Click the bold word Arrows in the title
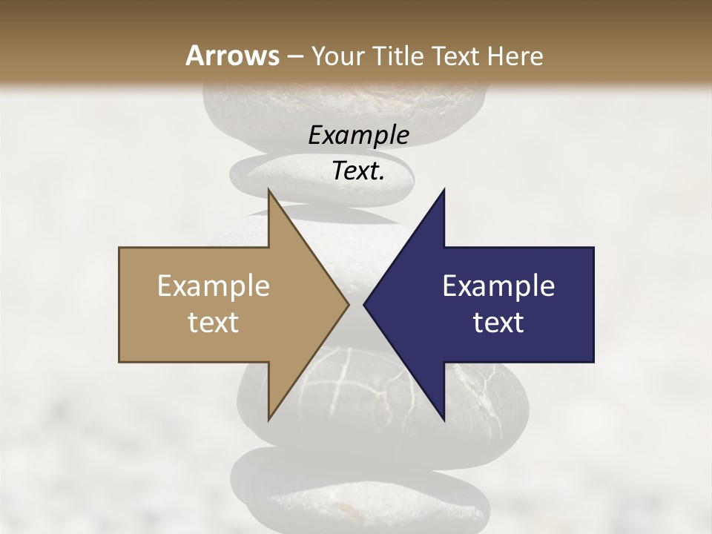pos(232,56)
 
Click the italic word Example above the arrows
pos(359,135)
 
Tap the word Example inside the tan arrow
pos(214,286)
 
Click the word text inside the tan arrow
pos(214,323)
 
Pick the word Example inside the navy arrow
pos(498,286)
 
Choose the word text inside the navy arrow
pos(498,323)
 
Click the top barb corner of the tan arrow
pos(269,191)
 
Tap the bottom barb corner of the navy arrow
pos(444,419)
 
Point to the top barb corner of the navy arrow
pos(444,191)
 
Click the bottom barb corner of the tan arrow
pos(269,419)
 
